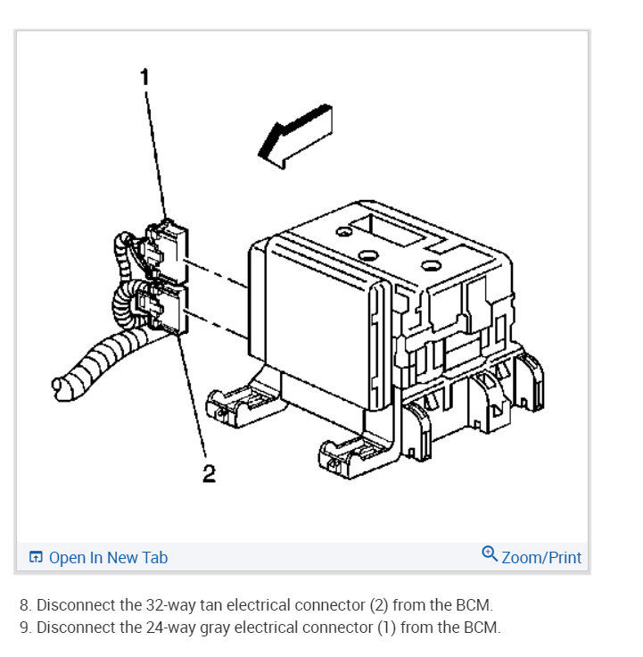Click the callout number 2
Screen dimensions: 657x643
[209, 473]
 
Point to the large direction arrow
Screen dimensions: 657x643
[294, 134]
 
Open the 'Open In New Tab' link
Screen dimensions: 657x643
[107, 558]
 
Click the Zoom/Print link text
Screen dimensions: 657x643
[541, 558]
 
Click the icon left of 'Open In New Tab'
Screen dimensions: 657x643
[36, 558]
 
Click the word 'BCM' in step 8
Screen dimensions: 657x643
[472, 604]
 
